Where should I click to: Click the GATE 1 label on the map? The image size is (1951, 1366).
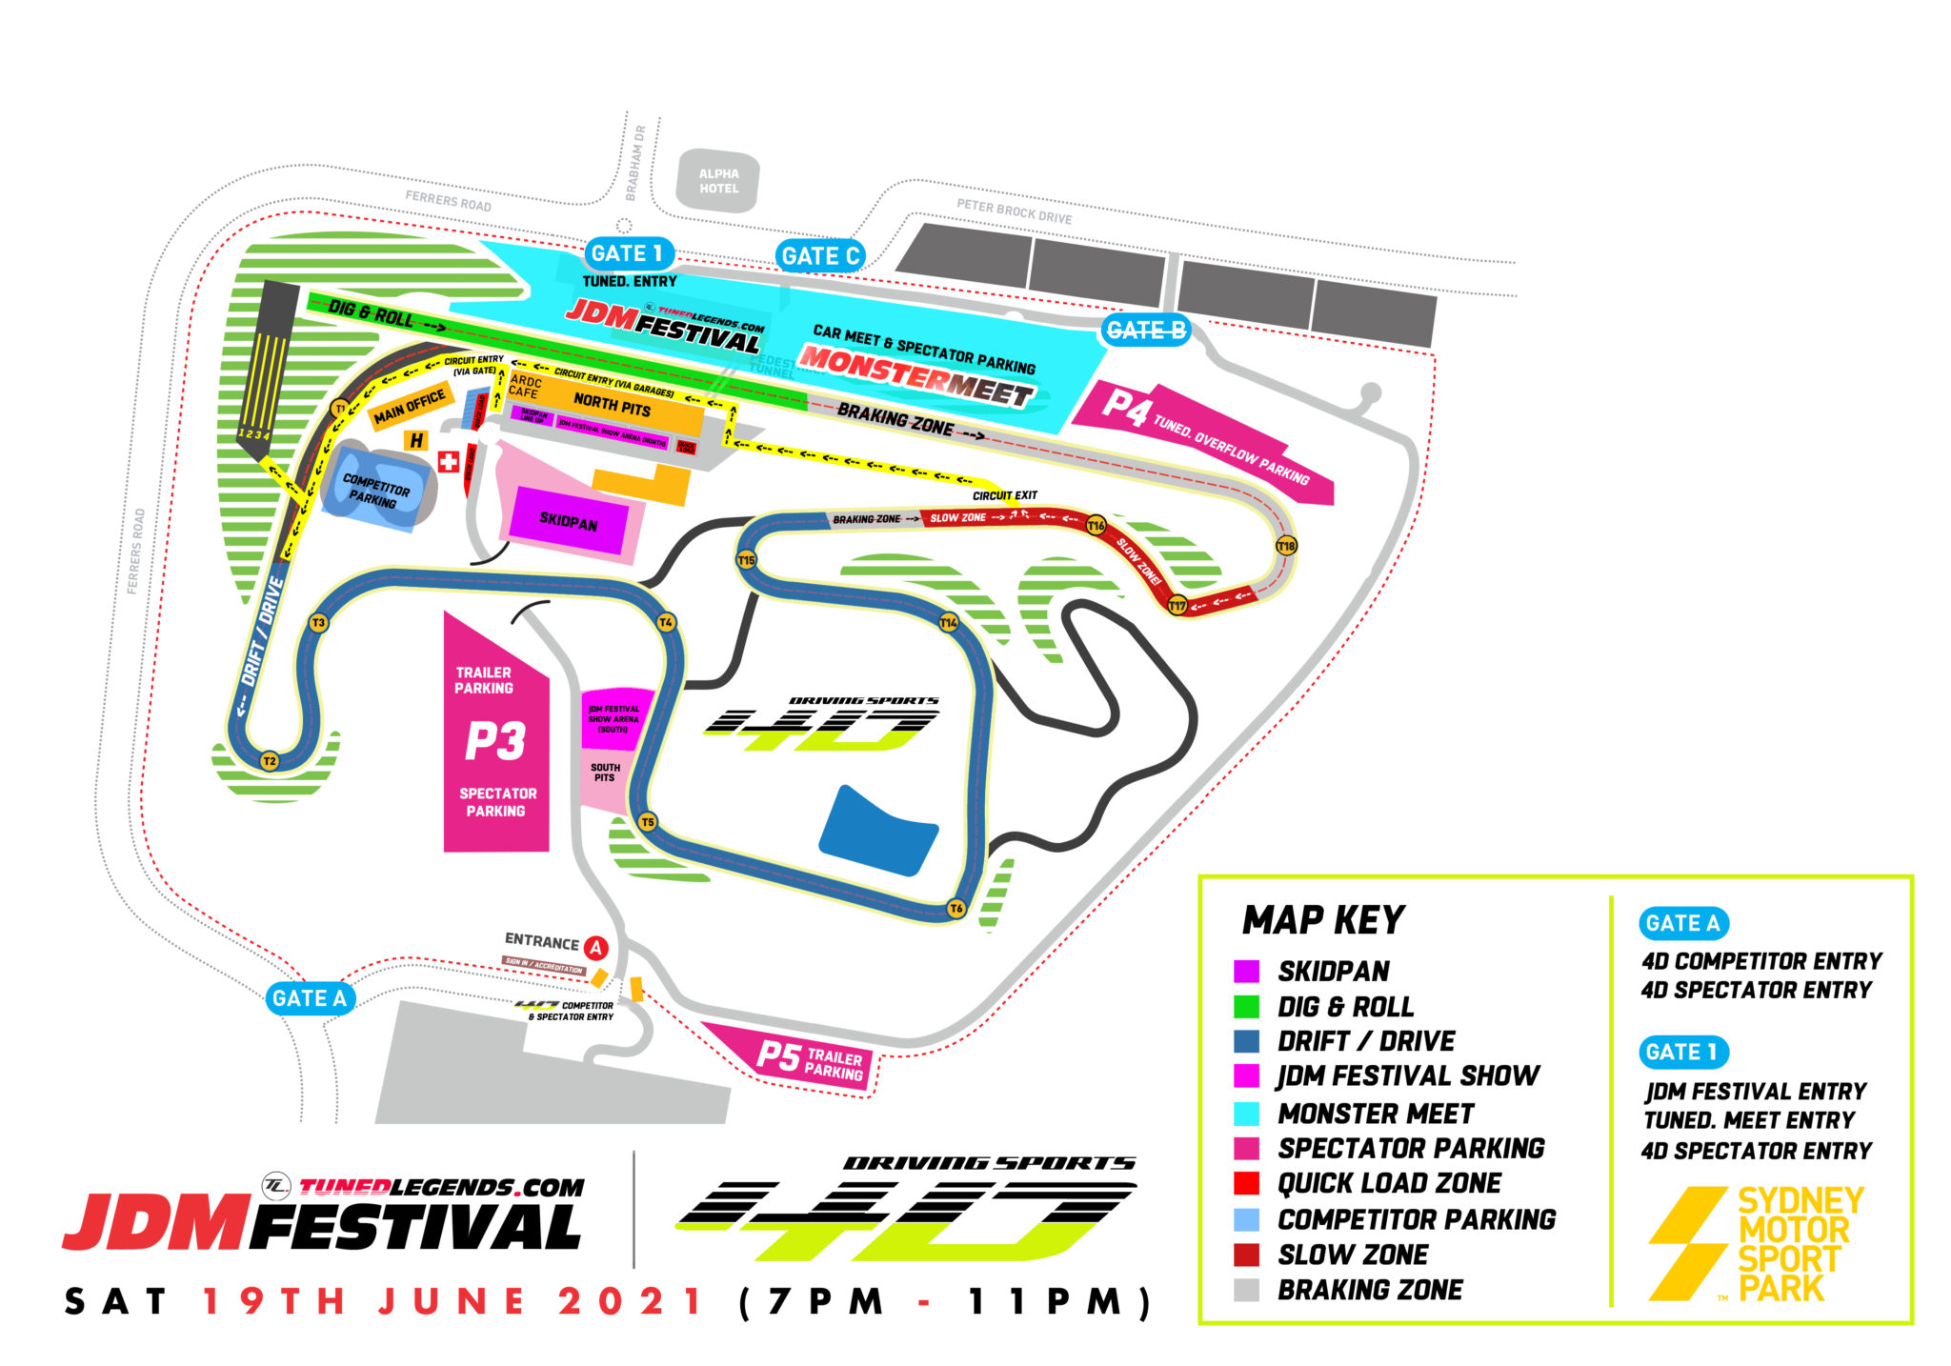(628, 253)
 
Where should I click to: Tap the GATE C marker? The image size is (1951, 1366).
(820, 255)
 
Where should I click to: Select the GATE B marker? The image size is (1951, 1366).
(1145, 330)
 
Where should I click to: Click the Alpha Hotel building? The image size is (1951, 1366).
(718, 181)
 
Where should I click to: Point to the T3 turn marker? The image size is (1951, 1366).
(318, 623)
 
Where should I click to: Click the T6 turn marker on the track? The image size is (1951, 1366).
(956, 909)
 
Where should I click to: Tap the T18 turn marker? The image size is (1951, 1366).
(1286, 546)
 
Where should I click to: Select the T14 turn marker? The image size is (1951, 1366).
(948, 623)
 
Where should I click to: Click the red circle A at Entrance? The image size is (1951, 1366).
(596, 948)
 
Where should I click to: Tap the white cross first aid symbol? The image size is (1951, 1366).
(449, 462)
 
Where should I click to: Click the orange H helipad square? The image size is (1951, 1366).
(416, 440)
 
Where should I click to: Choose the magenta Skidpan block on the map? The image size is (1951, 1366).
(569, 520)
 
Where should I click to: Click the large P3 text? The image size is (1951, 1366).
(495, 740)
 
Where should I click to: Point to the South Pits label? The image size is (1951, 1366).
(605, 773)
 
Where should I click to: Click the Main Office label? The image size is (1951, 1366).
(409, 407)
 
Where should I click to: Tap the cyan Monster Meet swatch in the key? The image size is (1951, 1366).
(1246, 1113)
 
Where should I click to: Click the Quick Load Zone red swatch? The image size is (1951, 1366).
(1246, 1183)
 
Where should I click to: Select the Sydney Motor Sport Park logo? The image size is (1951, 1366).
(1757, 1243)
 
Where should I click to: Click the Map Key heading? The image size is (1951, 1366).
(1323, 920)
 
